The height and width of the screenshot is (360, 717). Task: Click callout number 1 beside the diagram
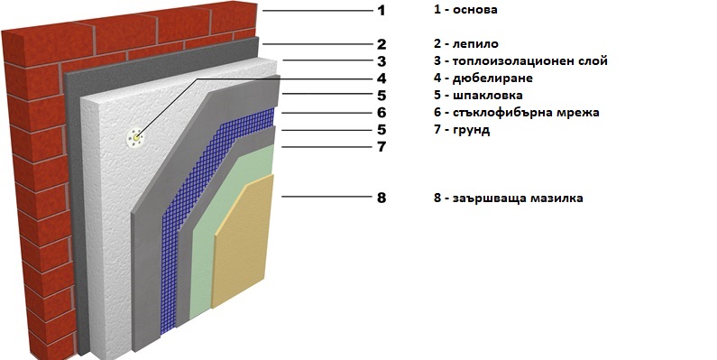coord(381,11)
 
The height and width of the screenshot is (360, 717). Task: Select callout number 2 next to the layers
coord(381,44)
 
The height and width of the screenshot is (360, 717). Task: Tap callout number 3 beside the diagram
coord(381,61)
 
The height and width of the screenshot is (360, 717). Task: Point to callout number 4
coord(381,78)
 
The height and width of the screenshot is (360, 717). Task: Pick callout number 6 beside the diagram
coord(381,113)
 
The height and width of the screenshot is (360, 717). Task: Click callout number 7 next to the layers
coord(381,145)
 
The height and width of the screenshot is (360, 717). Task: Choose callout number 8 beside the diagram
coord(381,197)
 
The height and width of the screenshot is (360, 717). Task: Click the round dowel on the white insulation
coord(135,137)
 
